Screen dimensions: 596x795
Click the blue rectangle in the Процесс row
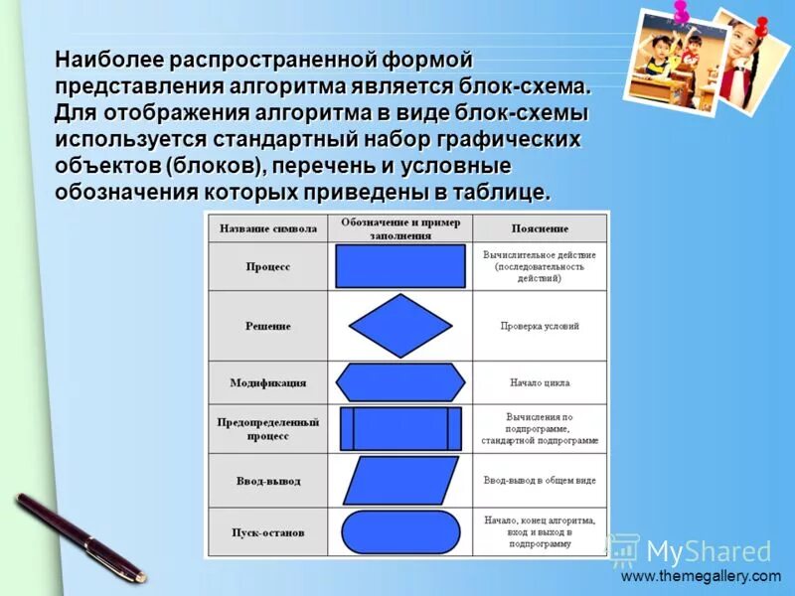pos(400,266)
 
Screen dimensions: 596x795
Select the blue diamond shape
pos(401,326)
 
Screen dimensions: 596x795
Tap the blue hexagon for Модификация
pos(401,382)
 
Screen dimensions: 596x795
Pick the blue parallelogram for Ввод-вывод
pos(400,481)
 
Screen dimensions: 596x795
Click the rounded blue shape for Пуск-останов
pos(400,532)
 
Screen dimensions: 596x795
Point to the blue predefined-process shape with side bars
pos(400,429)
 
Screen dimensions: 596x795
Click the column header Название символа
pos(267,228)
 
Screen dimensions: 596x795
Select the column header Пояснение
pos(540,228)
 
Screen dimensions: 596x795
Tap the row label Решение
pos(267,326)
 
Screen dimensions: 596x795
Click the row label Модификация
pos(267,382)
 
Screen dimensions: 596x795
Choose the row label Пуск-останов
pos(267,532)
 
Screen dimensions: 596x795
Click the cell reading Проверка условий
pos(540,326)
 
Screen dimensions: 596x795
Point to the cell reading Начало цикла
pos(540,382)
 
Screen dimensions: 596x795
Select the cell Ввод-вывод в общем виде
pos(540,481)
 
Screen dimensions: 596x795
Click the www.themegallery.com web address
pos(702,576)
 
